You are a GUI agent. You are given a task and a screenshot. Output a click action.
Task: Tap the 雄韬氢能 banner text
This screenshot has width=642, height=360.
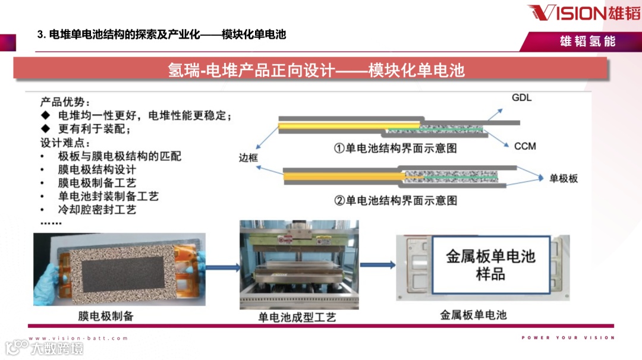(587, 41)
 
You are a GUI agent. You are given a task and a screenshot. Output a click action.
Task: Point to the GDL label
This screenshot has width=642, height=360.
(522, 97)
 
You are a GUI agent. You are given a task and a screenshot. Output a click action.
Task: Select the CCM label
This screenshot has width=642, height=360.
(525, 146)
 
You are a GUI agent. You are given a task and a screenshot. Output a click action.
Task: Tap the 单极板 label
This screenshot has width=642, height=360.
(564, 178)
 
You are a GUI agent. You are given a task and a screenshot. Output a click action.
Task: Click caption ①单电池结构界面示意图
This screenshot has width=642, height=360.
(395, 148)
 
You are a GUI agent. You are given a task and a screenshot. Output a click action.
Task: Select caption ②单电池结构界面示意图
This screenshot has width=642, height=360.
(395, 200)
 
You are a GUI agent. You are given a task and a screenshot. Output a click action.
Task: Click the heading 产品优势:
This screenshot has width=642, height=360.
(65, 102)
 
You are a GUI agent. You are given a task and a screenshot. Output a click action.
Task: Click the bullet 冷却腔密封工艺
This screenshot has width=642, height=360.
(97, 209)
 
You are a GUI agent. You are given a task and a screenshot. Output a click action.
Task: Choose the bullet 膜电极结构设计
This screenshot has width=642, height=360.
(97, 169)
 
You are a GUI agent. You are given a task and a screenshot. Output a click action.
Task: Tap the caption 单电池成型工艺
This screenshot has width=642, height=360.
(297, 317)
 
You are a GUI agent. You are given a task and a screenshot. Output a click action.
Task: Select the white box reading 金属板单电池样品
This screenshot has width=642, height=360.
(490, 265)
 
